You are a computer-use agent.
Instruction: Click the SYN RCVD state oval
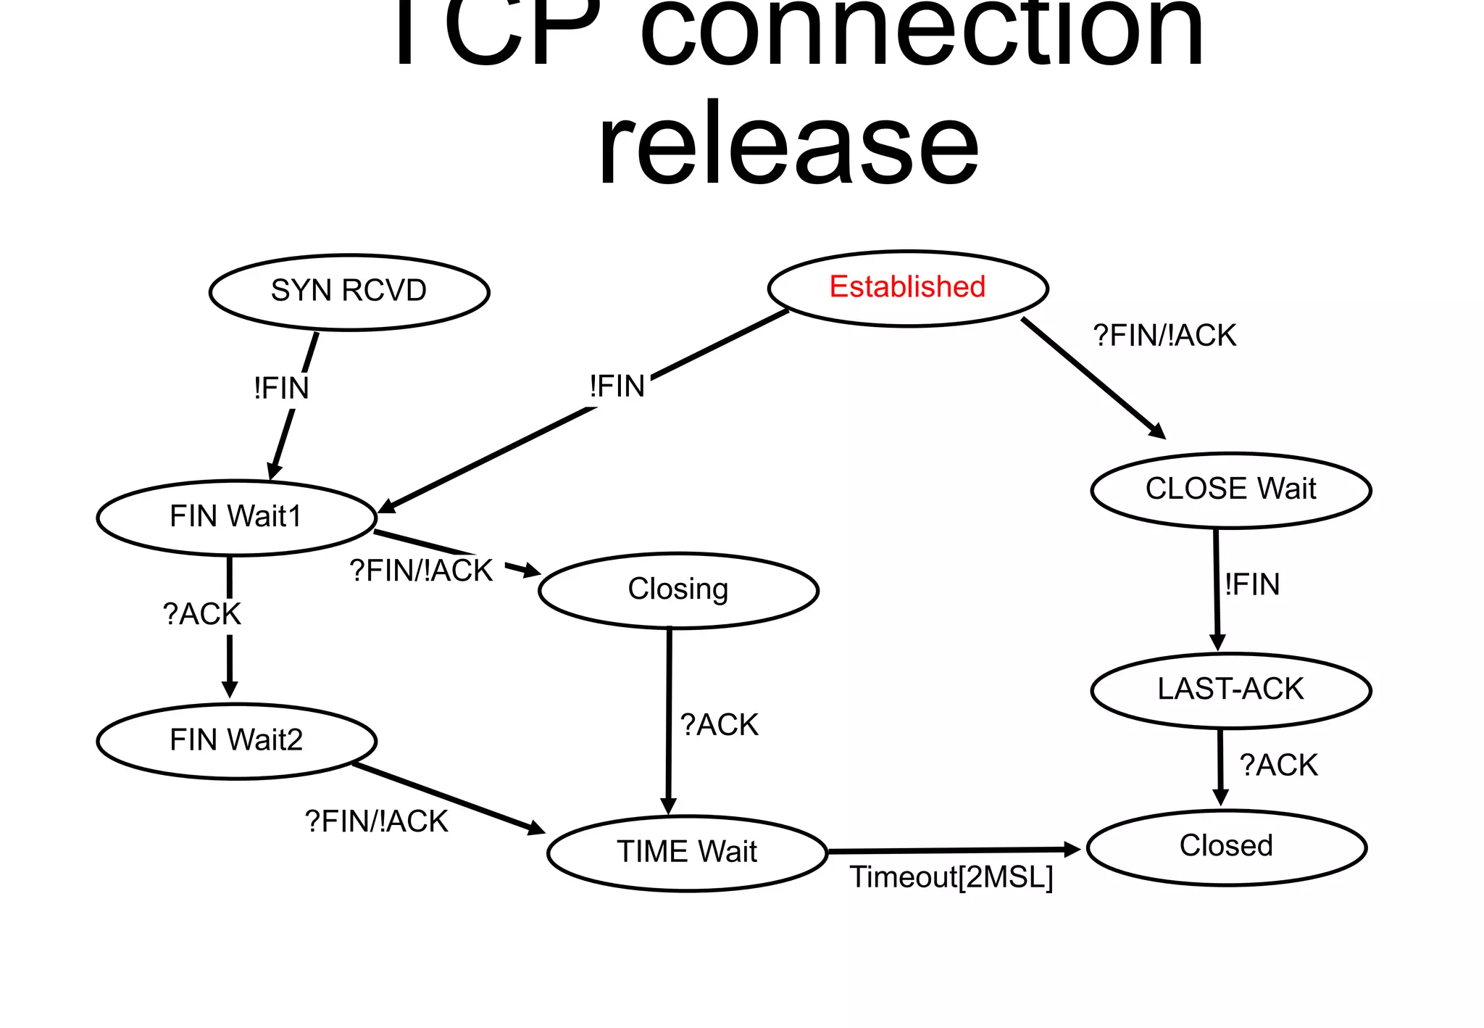tap(349, 292)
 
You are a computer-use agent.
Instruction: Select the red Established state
tap(907, 288)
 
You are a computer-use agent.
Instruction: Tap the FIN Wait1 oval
tap(236, 518)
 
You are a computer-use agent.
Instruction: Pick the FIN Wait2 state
tap(236, 741)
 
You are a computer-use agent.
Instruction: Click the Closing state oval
tap(678, 590)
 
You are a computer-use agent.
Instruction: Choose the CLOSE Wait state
tap(1230, 490)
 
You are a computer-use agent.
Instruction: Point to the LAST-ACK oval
tap(1230, 689)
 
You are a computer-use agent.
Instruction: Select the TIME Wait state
tap(687, 853)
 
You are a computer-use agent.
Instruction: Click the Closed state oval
tap(1226, 847)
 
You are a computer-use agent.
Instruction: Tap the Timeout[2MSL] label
tap(951, 878)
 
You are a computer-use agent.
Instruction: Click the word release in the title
tap(788, 145)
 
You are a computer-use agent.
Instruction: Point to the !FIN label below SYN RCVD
tap(281, 389)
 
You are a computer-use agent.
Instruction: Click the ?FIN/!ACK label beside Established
tap(1164, 336)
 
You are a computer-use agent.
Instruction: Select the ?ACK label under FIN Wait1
tap(201, 615)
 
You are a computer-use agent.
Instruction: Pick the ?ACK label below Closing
tap(719, 725)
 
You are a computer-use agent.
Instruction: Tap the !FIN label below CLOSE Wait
tap(1252, 584)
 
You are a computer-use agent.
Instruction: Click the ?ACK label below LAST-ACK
tap(1278, 766)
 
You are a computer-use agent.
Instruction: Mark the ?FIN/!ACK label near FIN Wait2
tap(376, 822)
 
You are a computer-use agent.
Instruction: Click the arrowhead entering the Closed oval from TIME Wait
tap(1072, 849)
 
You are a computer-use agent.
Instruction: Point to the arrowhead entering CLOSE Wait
tap(1157, 431)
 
